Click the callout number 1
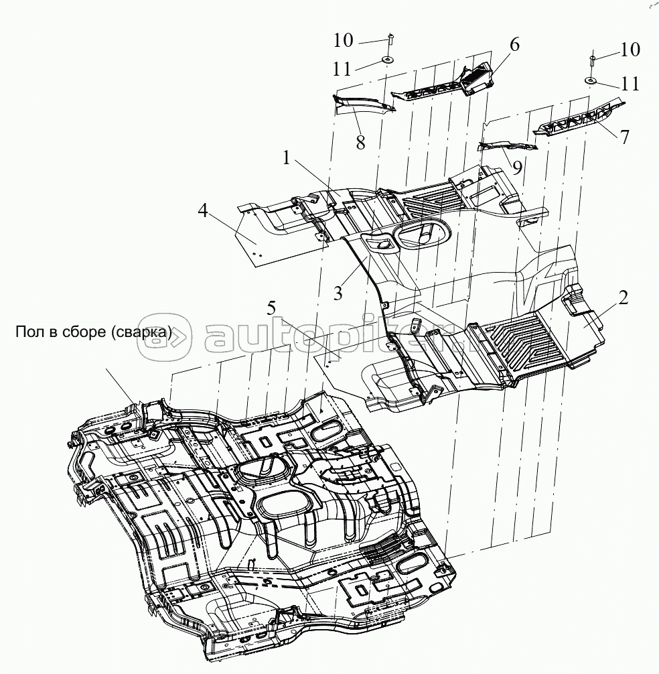287,159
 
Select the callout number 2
623,299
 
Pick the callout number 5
271,309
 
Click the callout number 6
514,45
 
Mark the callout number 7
624,137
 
